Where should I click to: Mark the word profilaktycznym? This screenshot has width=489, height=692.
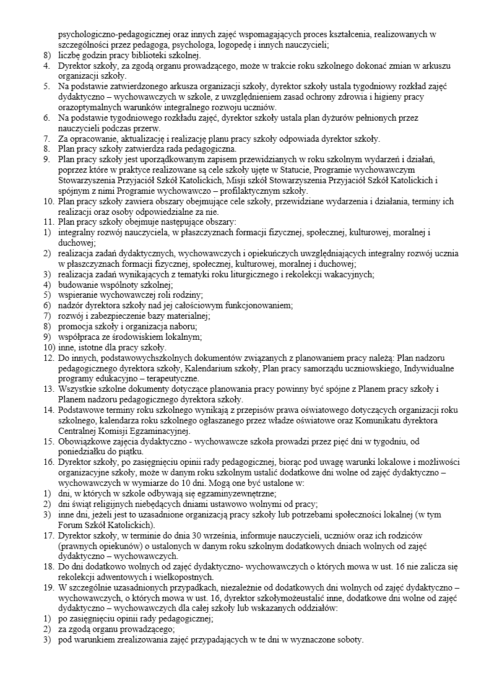pyautogui.click(x=228, y=191)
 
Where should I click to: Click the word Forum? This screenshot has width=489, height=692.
pyautogui.click(x=69, y=524)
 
